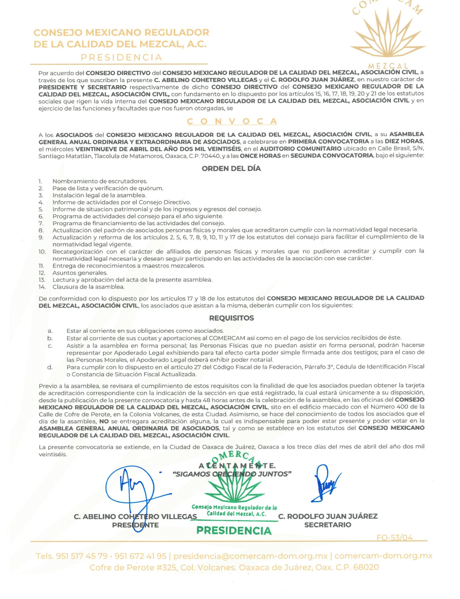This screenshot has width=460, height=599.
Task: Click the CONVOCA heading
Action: click(232, 121)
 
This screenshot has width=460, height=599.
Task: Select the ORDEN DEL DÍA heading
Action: click(231, 168)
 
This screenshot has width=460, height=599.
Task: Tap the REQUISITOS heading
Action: click(231, 318)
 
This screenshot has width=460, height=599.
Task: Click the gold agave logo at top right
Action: click(388, 34)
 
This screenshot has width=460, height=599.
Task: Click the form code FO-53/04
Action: click(394, 537)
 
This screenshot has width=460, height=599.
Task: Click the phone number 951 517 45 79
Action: click(82, 556)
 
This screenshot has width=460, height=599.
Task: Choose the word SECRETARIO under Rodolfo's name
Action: click(327, 525)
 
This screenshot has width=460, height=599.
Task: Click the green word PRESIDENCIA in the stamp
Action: click(234, 530)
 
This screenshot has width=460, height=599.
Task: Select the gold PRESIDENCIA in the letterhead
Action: click(121, 57)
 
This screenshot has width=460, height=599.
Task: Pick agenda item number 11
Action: click(42, 266)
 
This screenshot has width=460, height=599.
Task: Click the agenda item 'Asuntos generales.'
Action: click(80, 273)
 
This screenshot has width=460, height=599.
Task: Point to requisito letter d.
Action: click(50, 367)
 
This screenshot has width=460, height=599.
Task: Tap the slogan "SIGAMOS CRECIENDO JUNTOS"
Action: click(232, 474)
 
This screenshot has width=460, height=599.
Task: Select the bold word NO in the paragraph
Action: click(104, 421)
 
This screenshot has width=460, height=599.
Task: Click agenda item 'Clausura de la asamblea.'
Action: click(88, 287)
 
